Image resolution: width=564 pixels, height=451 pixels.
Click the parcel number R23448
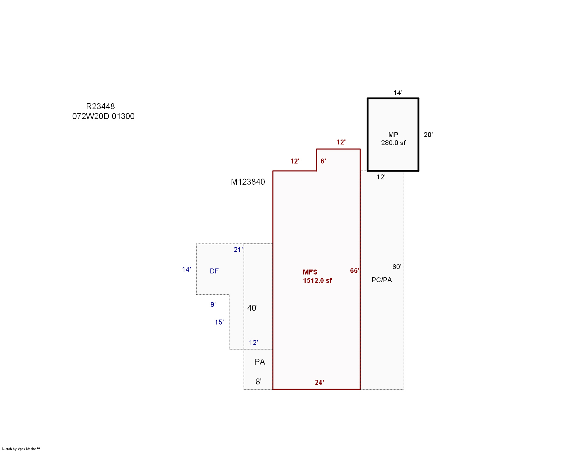pyautogui.click(x=100, y=106)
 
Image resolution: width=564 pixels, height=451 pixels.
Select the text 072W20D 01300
pyautogui.click(x=103, y=116)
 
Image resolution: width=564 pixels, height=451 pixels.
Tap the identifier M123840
pyautogui.click(x=248, y=182)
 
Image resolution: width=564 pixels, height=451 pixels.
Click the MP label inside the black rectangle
pyautogui.click(x=393, y=135)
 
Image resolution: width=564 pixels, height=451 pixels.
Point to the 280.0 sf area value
pyautogui.click(x=393, y=143)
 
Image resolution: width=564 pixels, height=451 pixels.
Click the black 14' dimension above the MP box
pyautogui.click(x=398, y=93)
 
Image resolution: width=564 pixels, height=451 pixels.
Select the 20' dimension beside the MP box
pyautogui.click(x=428, y=135)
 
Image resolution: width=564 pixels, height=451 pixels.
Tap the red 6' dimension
pyautogui.click(x=323, y=161)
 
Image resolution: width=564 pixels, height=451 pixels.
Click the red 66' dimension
pyautogui.click(x=355, y=271)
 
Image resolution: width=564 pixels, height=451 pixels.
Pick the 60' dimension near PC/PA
pyautogui.click(x=397, y=267)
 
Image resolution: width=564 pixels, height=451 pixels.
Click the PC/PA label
pyautogui.click(x=382, y=280)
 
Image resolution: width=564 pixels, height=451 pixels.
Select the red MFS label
pyautogui.click(x=310, y=272)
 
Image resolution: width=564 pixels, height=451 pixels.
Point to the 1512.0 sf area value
pyautogui.click(x=317, y=280)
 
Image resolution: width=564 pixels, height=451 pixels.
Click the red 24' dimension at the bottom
pyautogui.click(x=319, y=382)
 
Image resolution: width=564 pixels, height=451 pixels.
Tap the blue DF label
pyautogui.click(x=214, y=271)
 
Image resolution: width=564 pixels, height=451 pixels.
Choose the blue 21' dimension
pyautogui.click(x=238, y=249)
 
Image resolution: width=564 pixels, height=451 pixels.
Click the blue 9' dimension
pyautogui.click(x=213, y=304)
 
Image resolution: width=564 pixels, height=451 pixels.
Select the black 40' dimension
pyautogui.click(x=252, y=308)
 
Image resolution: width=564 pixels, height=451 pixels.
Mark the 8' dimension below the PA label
pyautogui.click(x=258, y=382)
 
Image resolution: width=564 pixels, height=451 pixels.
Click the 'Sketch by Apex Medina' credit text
pyautogui.click(x=21, y=449)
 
